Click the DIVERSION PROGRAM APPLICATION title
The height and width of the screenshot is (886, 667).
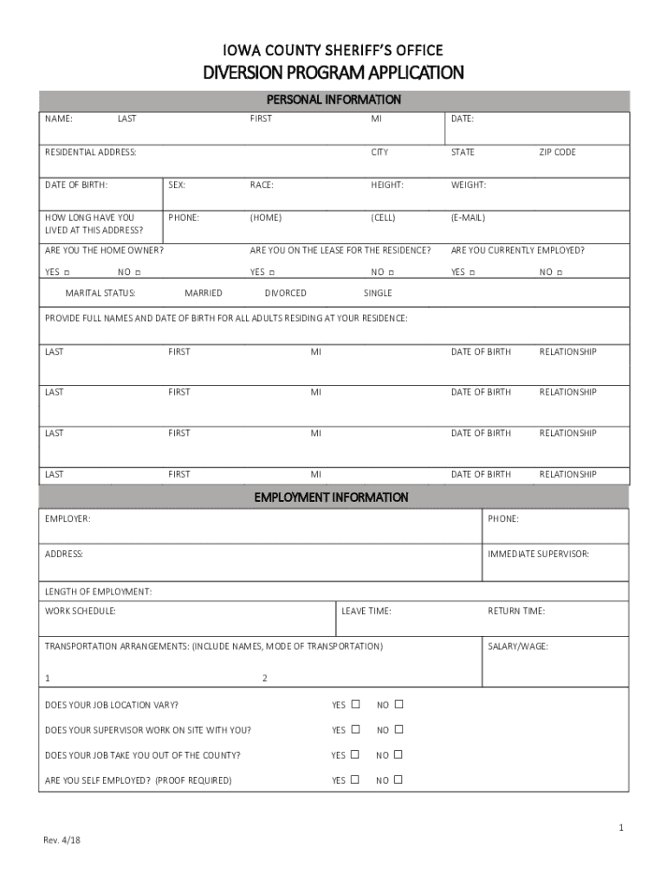[x=333, y=73]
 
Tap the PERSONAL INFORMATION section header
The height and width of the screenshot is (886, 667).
[x=333, y=100]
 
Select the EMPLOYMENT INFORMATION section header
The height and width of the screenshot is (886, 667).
[x=331, y=498]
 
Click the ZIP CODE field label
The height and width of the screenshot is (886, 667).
[x=557, y=152]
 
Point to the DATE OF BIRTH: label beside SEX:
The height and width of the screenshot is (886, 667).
[x=76, y=185]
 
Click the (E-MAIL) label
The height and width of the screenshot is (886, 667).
[x=468, y=218]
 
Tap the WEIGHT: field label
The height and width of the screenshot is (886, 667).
[x=469, y=185]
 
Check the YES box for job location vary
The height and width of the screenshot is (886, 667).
[x=355, y=704]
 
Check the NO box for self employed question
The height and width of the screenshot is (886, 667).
[x=398, y=780]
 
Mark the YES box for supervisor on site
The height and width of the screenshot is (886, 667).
[x=355, y=729]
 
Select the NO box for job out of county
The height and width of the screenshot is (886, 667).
[x=398, y=754]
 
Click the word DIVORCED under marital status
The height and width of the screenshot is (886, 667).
[x=285, y=293]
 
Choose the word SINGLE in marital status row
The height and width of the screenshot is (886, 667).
[x=378, y=293]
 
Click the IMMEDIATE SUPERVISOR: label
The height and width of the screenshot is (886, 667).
[x=538, y=554]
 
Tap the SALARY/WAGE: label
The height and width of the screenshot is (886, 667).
[x=518, y=646]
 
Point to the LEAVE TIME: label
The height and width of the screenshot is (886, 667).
[x=366, y=612]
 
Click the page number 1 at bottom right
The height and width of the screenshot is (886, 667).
[x=621, y=828]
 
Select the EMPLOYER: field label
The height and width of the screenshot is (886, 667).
[x=68, y=519]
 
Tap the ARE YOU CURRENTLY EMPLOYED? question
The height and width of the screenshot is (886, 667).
[x=517, y=251]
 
